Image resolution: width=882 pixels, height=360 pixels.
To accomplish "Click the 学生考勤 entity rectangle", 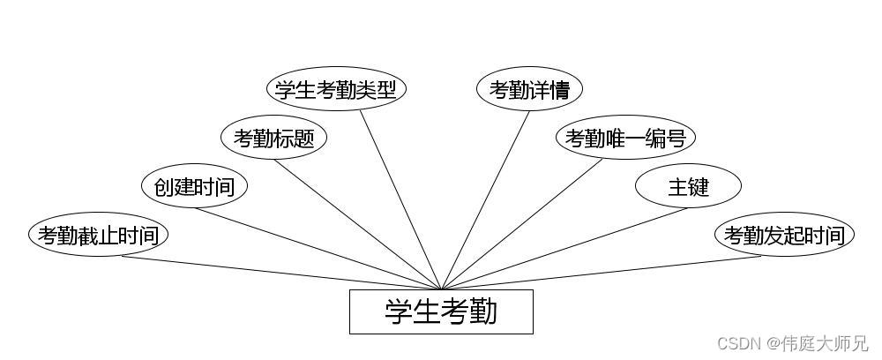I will pos(441,311).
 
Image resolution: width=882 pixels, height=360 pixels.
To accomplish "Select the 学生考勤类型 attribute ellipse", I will pos(336,89).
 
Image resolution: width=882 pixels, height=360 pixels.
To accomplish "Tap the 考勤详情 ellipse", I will pos(529,89).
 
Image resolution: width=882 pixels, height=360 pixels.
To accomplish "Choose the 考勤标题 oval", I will pos(273,138).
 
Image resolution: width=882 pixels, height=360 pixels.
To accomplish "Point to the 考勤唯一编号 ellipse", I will pos(625,138).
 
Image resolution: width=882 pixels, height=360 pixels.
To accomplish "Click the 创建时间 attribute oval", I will pos(194,186).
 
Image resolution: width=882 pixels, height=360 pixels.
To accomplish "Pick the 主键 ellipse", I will pos(688,186).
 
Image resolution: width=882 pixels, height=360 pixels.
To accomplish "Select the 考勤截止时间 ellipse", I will pos(98,236).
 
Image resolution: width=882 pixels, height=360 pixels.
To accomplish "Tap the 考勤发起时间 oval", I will pos(784,236).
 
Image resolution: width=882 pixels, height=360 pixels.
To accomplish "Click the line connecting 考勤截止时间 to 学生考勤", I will pos(282,273).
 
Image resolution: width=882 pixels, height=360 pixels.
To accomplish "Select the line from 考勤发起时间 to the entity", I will pos(600,273).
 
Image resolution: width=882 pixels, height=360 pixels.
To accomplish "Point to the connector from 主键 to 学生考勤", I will pos(564,249).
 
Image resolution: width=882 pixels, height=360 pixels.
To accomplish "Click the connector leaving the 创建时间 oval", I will pos(318,249).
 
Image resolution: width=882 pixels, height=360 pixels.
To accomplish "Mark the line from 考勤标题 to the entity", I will pos(362,224).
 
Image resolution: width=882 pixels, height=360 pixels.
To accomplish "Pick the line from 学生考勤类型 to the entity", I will pos(401,199).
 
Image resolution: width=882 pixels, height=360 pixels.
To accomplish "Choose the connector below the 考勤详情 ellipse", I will pos(485,199).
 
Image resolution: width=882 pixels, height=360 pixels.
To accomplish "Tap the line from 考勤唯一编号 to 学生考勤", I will pos(522,224).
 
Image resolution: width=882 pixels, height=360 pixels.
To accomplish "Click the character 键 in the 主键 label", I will pos(699,186).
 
